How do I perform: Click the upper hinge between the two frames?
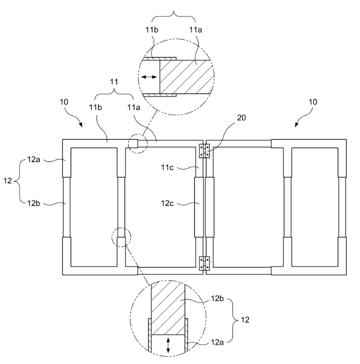tap(204, 151)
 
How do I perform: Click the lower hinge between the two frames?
tap(204, 264)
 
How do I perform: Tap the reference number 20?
tap(241, 118)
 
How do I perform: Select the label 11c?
tap(167, 167)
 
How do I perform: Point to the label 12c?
tap(167, 204)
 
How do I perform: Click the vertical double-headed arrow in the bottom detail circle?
tap(168, 346)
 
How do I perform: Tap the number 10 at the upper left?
tap(64, 102)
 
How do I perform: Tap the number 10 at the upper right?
tap(313, 102)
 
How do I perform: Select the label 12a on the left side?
tap(34, 159)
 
